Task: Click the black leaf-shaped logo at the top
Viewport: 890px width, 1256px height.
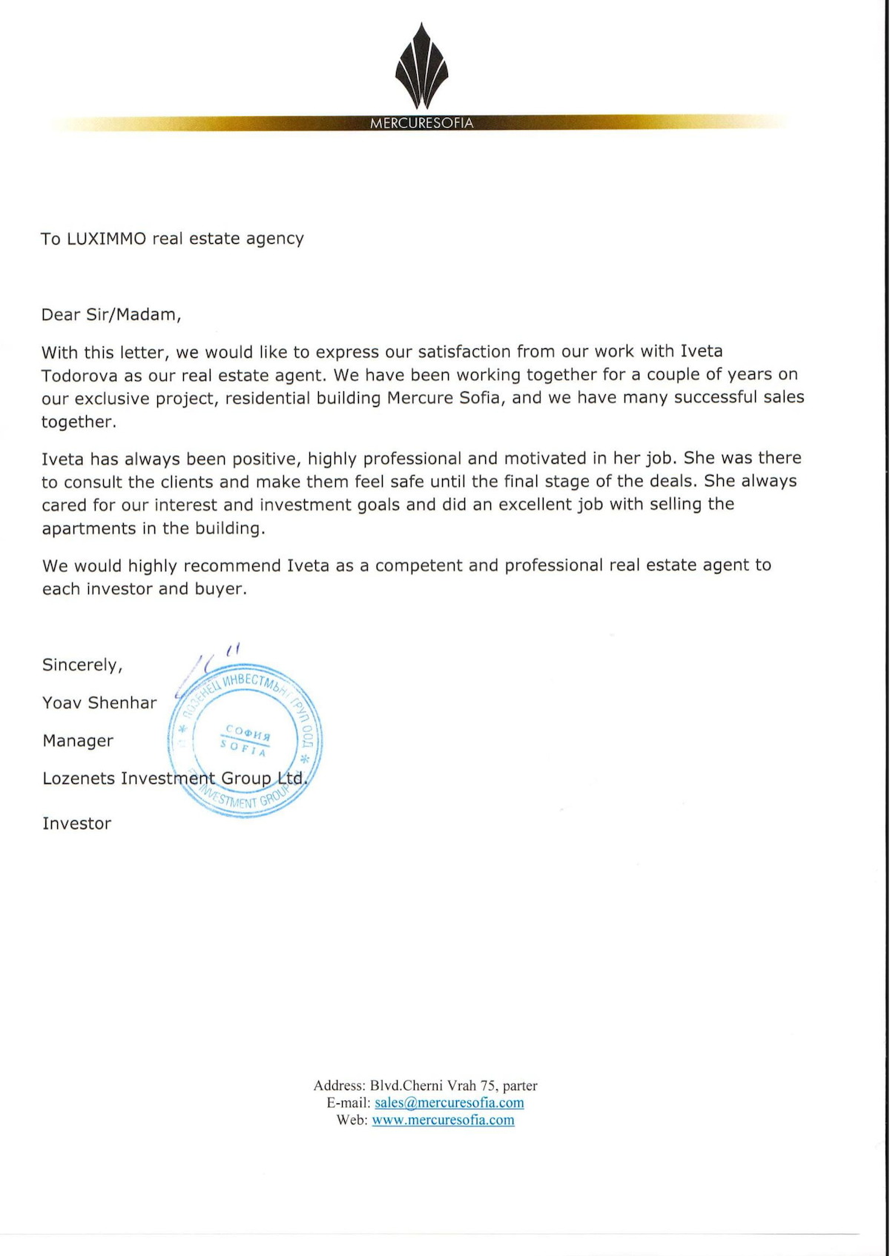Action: pos(421,67)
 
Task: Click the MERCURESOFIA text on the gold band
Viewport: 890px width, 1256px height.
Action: pos(421,123)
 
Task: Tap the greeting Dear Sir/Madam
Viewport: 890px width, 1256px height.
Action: pos(111,315)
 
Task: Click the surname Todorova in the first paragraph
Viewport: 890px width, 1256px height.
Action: pos(79,376)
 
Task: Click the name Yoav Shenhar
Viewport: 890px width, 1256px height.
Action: pos(99,702)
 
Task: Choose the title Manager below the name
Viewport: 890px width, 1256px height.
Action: pos(78,741)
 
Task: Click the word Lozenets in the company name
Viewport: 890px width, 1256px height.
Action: pos(79,779)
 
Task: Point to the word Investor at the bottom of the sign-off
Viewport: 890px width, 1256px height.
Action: pos(76,824)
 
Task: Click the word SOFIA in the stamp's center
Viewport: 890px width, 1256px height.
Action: pos(243,749)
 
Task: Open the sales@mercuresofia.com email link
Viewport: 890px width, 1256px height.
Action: pos(449,1103)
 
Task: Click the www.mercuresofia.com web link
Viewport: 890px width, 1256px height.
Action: pos(443,1120)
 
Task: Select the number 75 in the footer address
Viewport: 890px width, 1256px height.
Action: pos(488,1086)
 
